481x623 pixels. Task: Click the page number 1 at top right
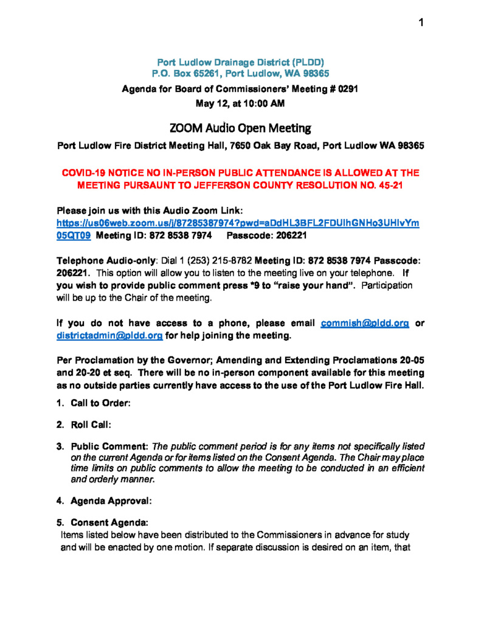coord(420,23)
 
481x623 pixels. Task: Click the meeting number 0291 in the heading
coord(347,89)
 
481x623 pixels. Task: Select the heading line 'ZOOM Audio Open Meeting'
coord(240,128)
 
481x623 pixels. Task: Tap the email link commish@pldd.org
coord(364,324)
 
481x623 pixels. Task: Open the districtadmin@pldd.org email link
coord(109,336)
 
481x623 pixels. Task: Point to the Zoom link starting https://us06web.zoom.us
coord(237,223)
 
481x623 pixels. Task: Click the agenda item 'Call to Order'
coord(100,403)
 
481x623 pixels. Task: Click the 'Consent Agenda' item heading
coord(109,523)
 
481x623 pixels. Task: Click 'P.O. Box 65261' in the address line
coord(186,73)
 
